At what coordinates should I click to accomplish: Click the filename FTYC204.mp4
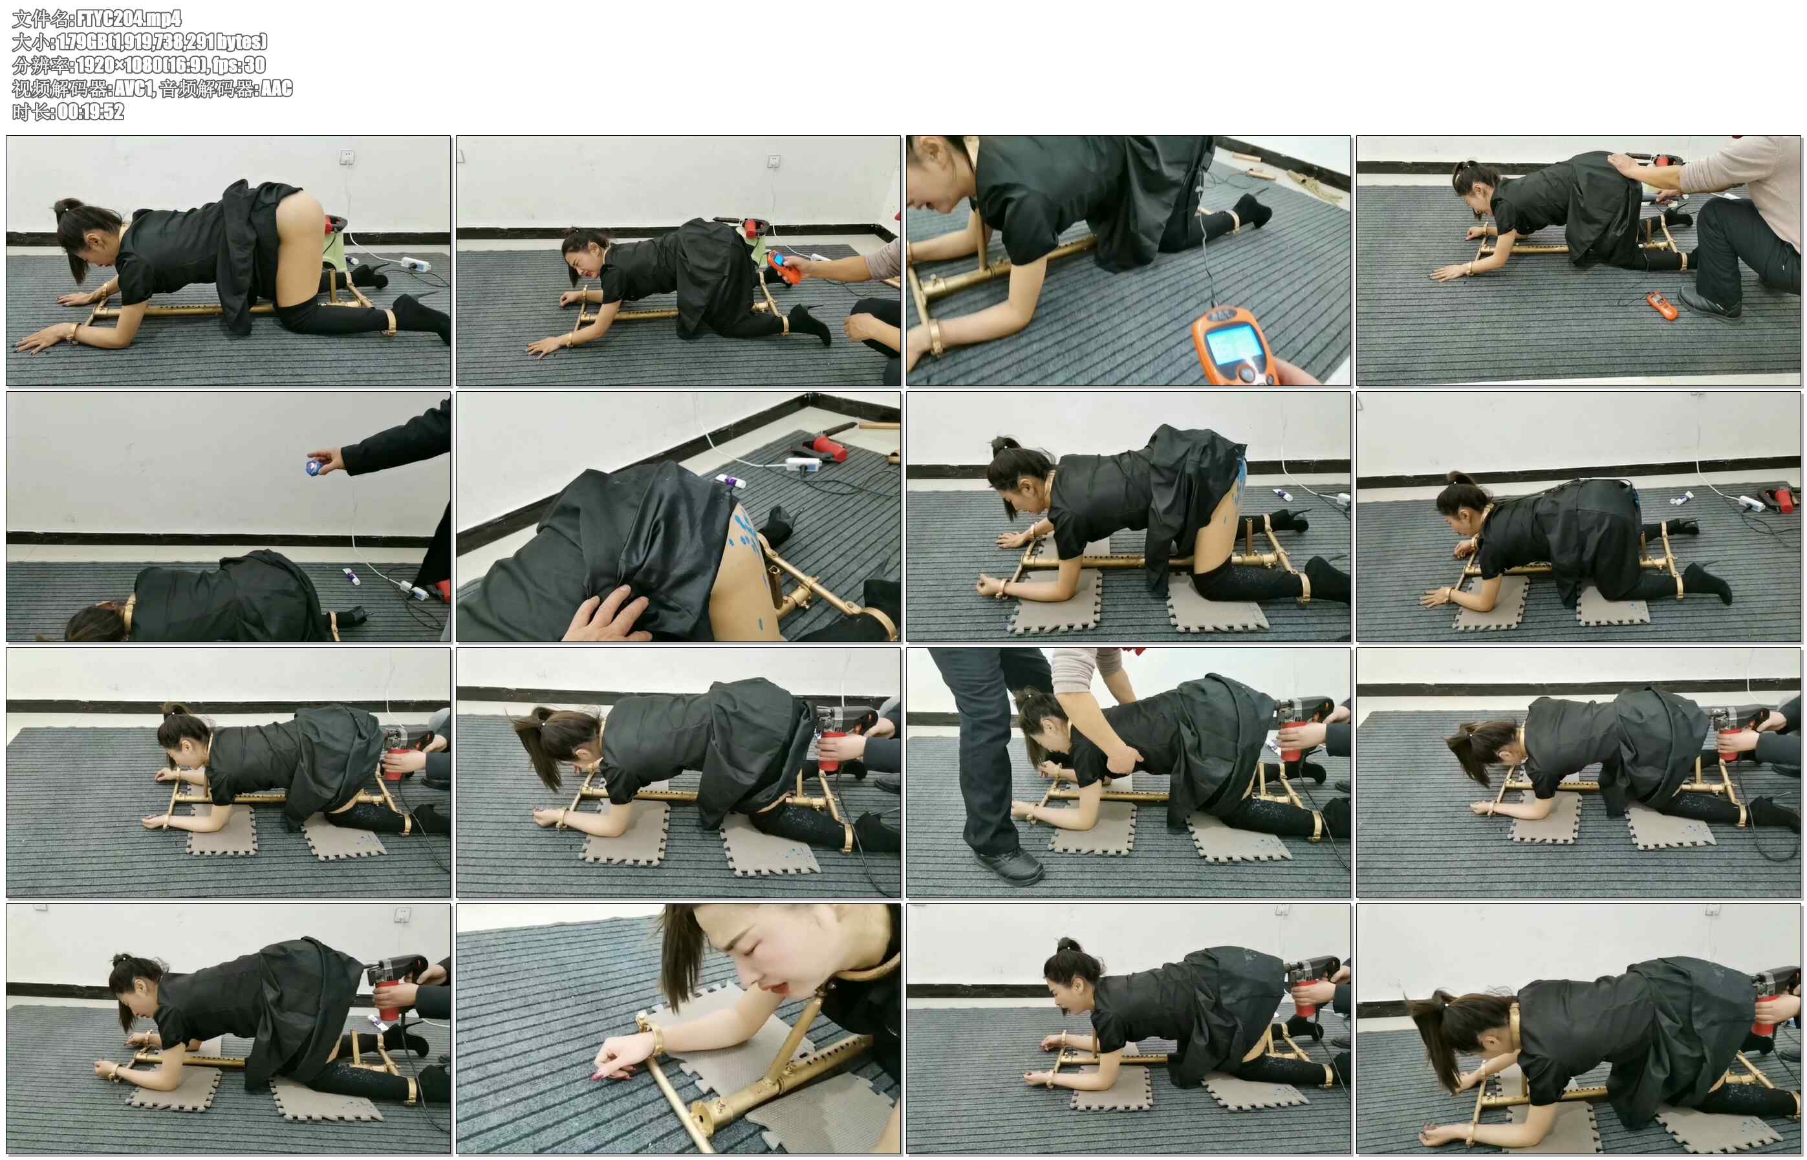coord(129,18)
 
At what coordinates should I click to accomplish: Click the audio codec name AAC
coord(276,88)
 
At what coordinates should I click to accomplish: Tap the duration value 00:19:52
coord(91,111)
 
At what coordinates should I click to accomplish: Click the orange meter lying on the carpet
coord(1661,305)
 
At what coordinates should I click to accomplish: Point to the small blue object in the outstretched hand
coord(312,467)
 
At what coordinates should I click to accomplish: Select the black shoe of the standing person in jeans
coord(1010,866)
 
